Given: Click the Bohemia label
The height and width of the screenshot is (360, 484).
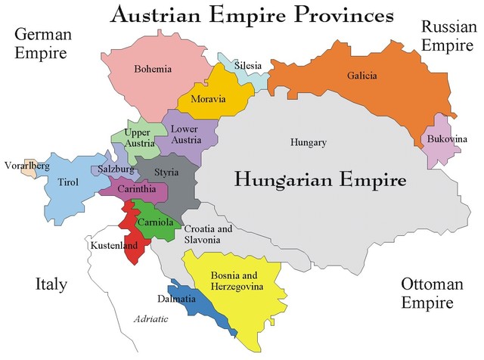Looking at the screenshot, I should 153,70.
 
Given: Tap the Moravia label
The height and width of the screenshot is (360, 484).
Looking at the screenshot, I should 207,100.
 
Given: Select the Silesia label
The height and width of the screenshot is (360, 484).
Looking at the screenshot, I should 248,66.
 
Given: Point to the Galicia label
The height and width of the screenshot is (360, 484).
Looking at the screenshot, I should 362,76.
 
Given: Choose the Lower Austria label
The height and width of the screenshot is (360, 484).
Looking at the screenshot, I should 185,134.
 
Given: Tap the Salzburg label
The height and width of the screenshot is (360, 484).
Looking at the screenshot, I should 116,169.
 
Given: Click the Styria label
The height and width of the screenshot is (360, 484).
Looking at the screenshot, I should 166,172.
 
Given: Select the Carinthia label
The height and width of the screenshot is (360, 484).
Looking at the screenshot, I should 137,189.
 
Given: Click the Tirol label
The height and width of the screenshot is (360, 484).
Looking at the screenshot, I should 67,182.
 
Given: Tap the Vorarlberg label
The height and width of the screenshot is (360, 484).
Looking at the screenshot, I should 27,165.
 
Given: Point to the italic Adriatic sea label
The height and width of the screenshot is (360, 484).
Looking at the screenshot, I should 151,320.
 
